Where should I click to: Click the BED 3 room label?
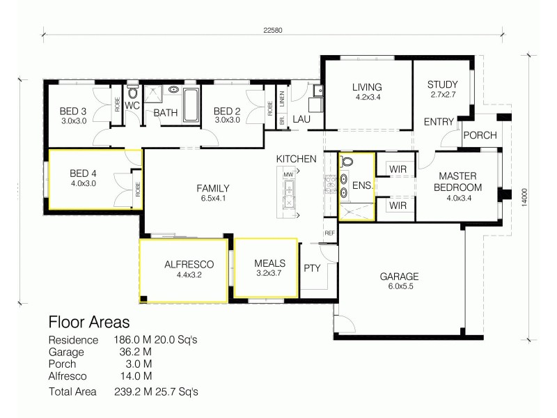point(73,111)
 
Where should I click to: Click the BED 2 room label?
point(227,111)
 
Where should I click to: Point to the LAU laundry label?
point(301,119)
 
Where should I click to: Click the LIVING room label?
point(367,87)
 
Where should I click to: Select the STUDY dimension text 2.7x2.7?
point(442,95)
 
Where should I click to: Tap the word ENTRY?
point(439,122)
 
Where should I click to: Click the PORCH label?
point(480,135)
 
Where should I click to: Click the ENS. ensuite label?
point(362,185)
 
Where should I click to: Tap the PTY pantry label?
point(311,267)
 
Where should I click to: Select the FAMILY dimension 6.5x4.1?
point(213,198)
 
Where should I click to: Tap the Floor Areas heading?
point(88,323)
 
